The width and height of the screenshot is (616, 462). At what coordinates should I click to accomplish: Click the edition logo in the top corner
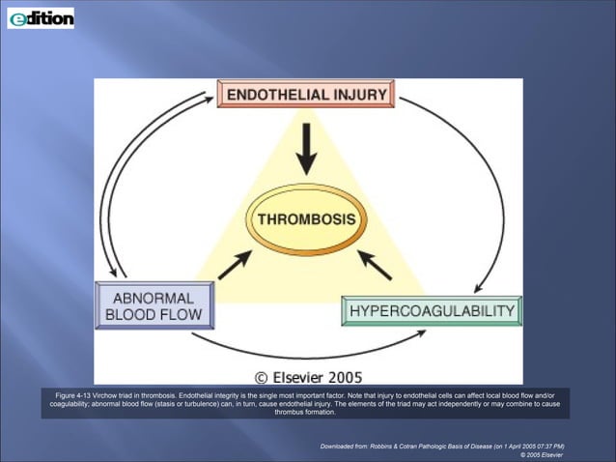pyautogui.click(x=41, y=17)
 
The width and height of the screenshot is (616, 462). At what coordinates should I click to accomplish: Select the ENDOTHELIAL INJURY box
pyautogui.click(x=304, y=95)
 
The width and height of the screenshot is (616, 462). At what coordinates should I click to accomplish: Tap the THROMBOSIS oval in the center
pyautogui.click(x=306, y=219)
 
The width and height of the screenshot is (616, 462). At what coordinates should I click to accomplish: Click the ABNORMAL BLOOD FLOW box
pyautogui.click(x=154, y=305)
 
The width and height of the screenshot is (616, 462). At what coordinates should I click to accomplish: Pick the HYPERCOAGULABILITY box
pyautogui.click(x=432, y=311)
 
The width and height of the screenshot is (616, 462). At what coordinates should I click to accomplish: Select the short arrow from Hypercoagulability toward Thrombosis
pyautogui.click(x=376, y=264)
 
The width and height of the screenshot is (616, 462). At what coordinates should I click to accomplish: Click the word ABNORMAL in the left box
pyautogui.click(x=154, y=297)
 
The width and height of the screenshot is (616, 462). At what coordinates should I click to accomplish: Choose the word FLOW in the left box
pyautogui.click(x=181, y=315)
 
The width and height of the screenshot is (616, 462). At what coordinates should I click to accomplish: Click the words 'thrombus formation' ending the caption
pyautogui.click(x=305, y=412)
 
